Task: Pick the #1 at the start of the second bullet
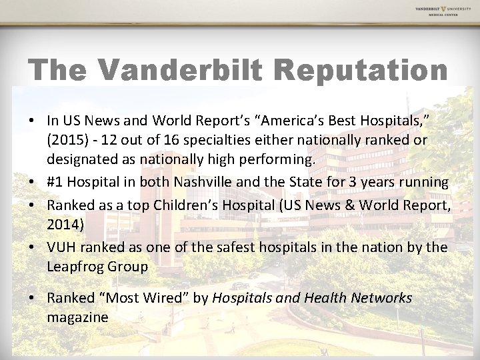tap(55, 182)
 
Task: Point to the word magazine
tap(77, 318)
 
